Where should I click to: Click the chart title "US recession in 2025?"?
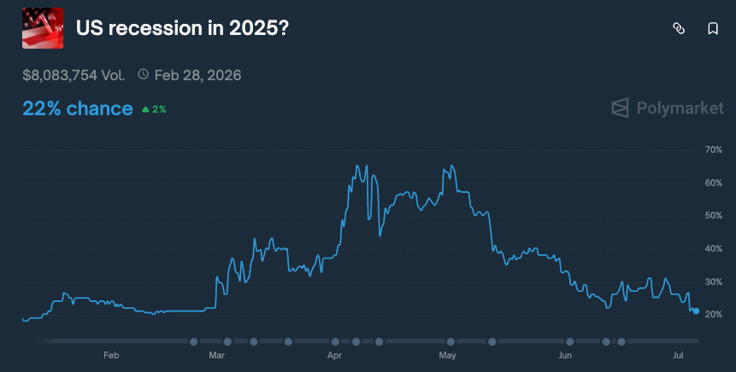pos(182,28)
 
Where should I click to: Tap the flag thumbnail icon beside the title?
pos(43,28)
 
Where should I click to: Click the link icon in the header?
pos(679,28)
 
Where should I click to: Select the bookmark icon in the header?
pos(713,28)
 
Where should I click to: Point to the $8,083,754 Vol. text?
pos(74,75)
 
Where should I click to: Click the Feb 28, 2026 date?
pos(197,75)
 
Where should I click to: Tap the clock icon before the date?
pos(143,75)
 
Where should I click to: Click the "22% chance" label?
pos(78,108)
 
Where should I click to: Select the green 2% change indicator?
pos(154,109)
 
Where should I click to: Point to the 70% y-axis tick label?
pos(714,150)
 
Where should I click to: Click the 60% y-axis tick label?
pos(714,183)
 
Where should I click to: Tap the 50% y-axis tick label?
pos(714,216)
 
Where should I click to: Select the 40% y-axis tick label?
pos(714,249)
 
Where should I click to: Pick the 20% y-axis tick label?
pos(714,315)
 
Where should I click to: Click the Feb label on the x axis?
pos(110,355)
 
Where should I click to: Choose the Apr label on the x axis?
pos(334,355)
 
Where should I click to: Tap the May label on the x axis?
pos(447,355)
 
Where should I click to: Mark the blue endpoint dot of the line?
pos(697,311)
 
